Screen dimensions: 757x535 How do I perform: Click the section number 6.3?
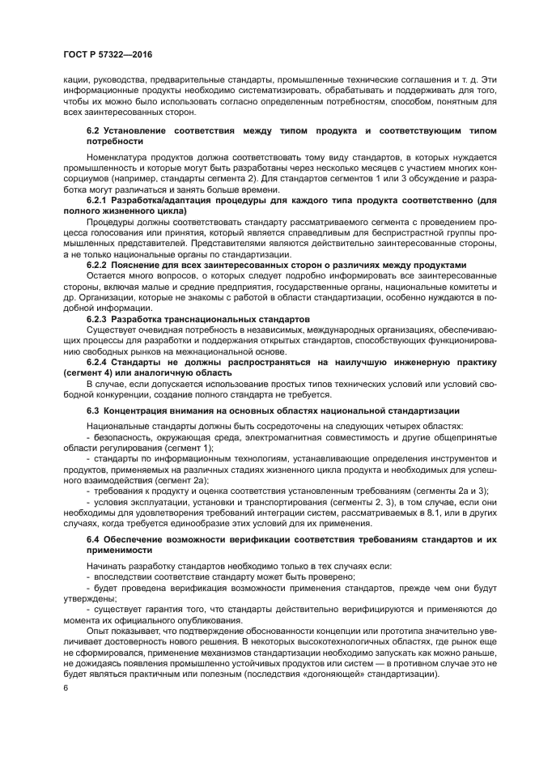click(x=93, y=410)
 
